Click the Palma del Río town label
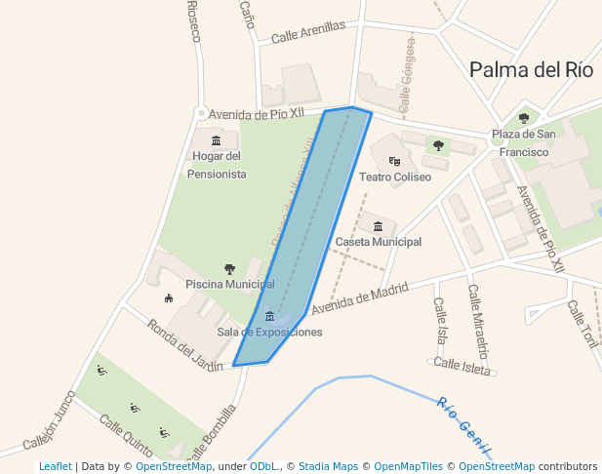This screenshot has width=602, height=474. click(x=531, y=69)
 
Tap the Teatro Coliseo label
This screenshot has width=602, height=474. click(x=395, y=178)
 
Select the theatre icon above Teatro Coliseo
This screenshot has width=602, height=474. click(x=394, y=161)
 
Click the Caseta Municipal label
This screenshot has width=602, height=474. click(x=378, y=241)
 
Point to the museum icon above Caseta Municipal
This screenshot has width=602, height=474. click(x=378, y=226)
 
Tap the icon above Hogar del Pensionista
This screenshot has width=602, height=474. click(x=216, y=140)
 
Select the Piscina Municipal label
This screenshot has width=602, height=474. click(x=229, y=284)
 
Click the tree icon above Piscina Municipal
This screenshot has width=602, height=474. click(x=229, y=269)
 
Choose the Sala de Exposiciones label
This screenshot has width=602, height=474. click(x=269, y=333)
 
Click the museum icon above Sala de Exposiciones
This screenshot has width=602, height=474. click(x=269, y=316)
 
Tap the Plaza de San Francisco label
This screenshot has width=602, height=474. click(x=524, y=142)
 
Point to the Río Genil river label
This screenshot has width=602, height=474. click(x=462, y=424)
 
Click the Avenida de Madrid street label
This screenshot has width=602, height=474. click(x=359, y=297)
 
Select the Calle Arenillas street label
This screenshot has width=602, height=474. click(x=308, y=32)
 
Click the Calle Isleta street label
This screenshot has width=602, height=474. click(x=462, y=365)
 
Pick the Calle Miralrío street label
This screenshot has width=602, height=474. click(x=478, y=321)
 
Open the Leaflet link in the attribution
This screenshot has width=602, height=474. click(x=55, y=467)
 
